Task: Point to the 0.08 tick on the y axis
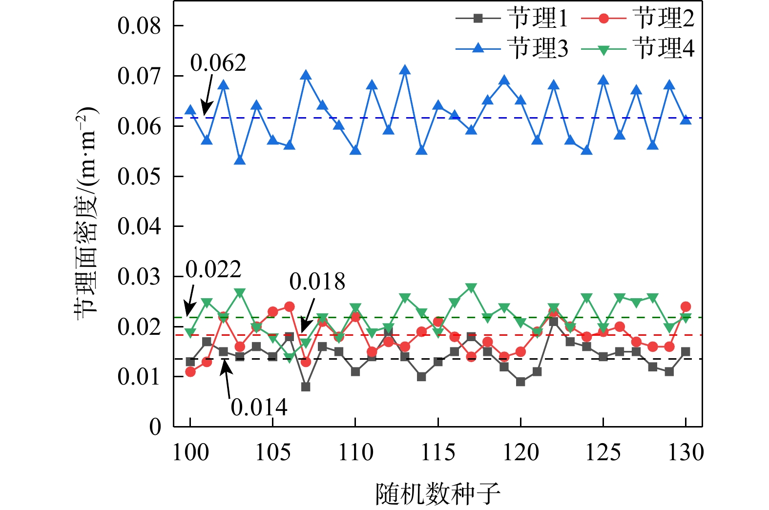139,26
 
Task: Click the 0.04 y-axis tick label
139,226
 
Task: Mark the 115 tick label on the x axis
438,452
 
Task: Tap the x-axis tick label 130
686,452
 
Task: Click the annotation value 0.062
218,63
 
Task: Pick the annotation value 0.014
259,408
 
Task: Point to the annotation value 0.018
317,282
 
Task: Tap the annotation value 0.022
213,269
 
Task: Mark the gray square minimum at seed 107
306,387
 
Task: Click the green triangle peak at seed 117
471,287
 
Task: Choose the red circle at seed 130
686,306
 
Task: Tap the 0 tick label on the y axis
155,427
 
